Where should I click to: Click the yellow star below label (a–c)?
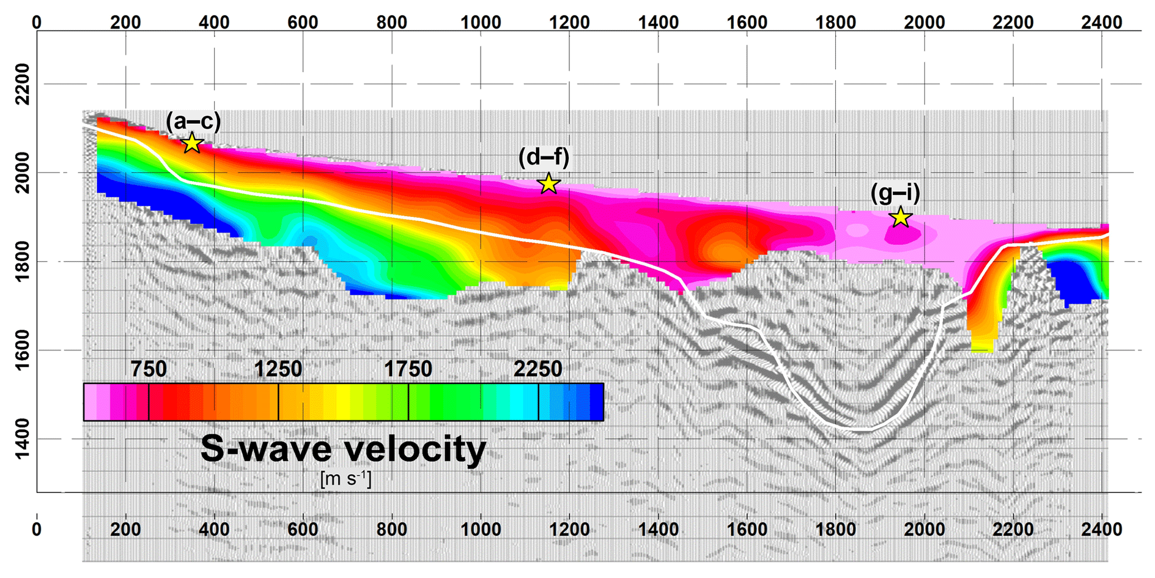click(192, 144)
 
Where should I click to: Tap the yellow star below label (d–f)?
click(549, 183)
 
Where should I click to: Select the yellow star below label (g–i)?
click(900, 217)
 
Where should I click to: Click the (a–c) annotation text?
click(193, 121)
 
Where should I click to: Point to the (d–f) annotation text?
click(544, 157)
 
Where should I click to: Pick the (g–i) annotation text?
click(895, 193)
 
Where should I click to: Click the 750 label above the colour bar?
click(149, 369)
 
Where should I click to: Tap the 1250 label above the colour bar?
click(278, 369)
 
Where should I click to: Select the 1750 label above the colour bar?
click(408, 369)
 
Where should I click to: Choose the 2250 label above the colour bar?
click(538, 369)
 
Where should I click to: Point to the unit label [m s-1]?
click(346, 479)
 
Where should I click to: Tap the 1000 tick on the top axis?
click(481, 22)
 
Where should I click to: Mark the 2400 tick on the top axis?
click(1102, 22)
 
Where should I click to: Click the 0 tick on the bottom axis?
click(37, 529)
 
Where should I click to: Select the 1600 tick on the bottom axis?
click(747, 529)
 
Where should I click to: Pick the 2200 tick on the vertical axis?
click(23, 84)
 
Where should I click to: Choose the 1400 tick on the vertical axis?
click(23, 439)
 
